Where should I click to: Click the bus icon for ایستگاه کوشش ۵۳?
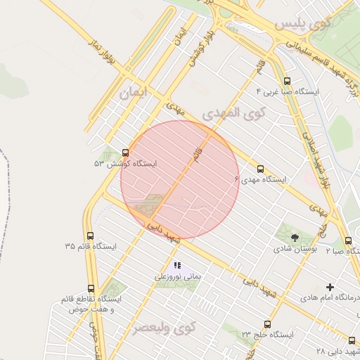pos(126,152)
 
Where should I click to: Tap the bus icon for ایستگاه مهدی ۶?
pos(260,169)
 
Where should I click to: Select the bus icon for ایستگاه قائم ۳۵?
pos(89,236)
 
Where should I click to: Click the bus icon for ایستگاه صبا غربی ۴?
pos(286,81)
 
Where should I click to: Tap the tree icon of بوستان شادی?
pos(294,237)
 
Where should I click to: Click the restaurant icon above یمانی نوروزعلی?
pos(177,266)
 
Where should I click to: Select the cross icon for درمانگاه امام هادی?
pos(330,286)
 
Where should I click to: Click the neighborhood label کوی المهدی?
pos(234,112)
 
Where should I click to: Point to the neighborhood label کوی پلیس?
pos(302,25)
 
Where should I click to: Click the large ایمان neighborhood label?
pos(136,92)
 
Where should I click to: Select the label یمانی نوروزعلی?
pos(178,277)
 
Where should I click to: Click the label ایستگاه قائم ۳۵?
pos(90,247)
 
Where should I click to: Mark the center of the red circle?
pos(180,180)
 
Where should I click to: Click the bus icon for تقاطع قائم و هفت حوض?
pos(91,288)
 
